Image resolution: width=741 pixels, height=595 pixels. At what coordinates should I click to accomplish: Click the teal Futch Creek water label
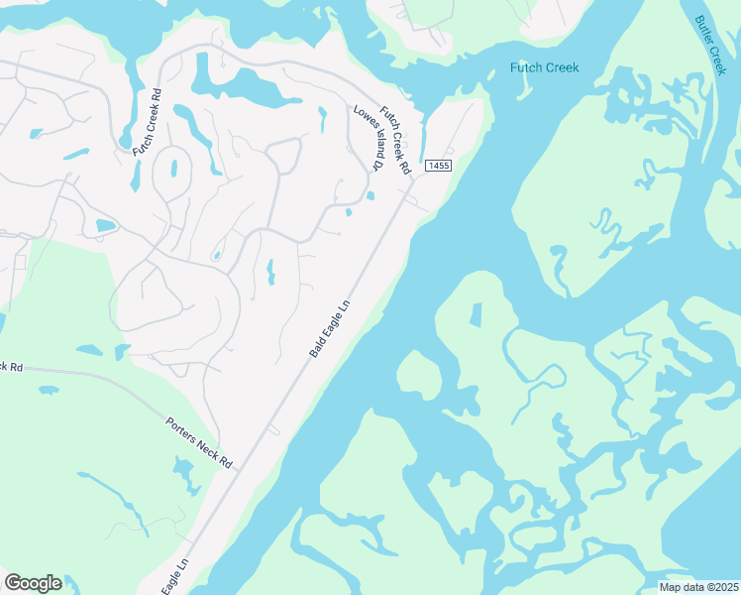pyautogui.click(x=544, y=67)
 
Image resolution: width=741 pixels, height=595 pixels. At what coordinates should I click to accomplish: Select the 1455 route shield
pyautogui.click(x=439, y=166)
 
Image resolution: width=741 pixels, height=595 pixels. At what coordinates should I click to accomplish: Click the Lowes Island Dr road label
pyautogui.click(x=369, y=138)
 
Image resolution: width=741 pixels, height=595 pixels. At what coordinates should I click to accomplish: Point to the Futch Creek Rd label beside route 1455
pyautogui.click(x=396, y=141)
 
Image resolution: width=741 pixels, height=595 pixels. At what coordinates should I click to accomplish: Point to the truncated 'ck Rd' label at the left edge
pyautogui.click(x=10, y=366)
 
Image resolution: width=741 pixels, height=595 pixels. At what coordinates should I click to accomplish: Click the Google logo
pyautogui.click(x=33, y=583)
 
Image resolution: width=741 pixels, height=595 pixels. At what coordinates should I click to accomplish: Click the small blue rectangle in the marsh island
pyautogui.click(x=475, y=315)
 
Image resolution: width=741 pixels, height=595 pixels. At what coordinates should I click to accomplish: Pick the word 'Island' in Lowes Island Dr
pyautogui.click(x=370, y=140)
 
